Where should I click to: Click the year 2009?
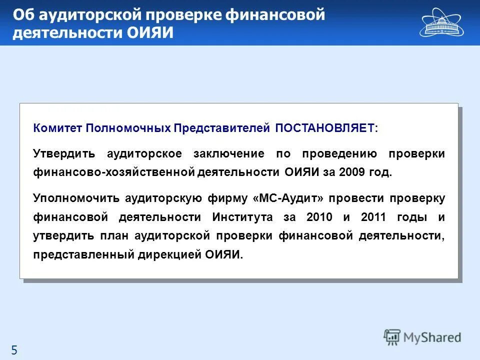coord(348,172)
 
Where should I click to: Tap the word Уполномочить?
coord(76,198)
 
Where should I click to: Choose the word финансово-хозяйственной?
coord(113,172)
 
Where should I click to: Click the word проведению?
coord(327,153)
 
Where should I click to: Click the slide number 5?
coord(14,350)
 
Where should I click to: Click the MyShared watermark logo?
coord(422,337)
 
